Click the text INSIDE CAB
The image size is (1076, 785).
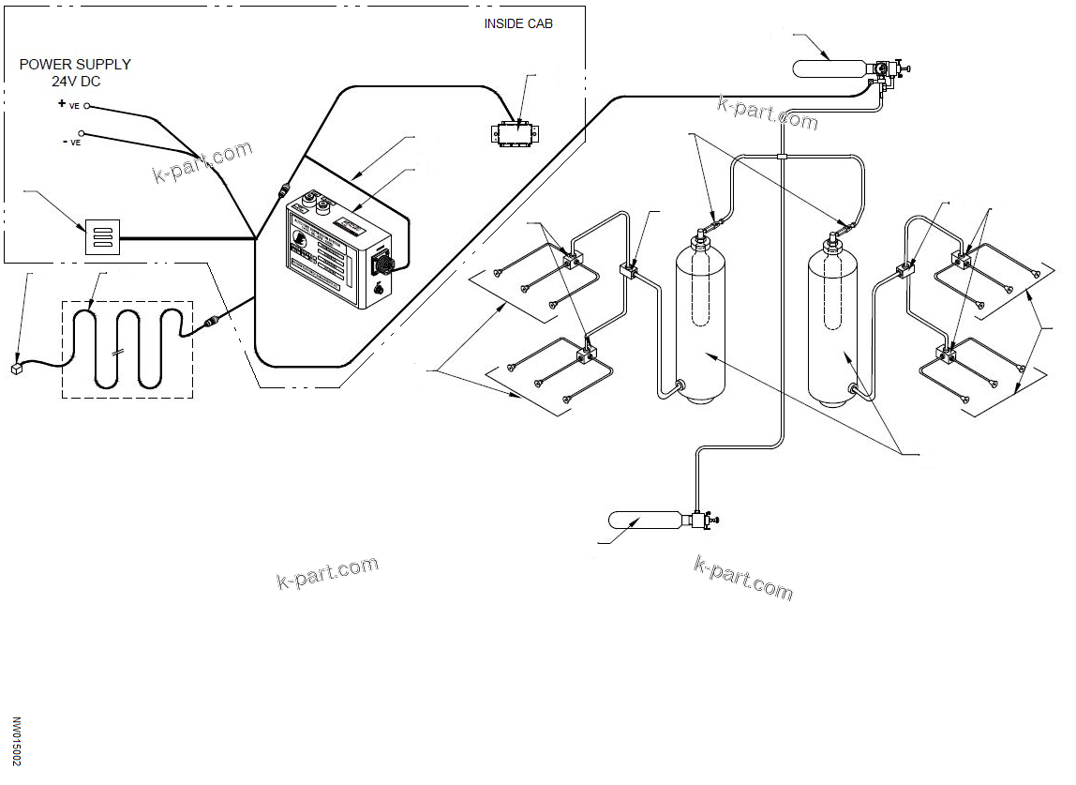pyautogui.click(x=517, y=23)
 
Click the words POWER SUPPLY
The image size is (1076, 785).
pyautogui.click(x=75, y=65)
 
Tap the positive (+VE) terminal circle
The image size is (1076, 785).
pyautogui.click(x=87, y=106)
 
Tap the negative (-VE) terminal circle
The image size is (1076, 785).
pyautogui.click(x=82, y=135)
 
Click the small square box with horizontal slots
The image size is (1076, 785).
pyautogui.click(x=103, y=236)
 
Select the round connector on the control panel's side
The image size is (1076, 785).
pyautogui.click(x=382, y=259)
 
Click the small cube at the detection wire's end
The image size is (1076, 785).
pyautogui.click(x=15, y=369)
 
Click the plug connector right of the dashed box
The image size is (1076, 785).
pyautogui.click(x=214, y=322)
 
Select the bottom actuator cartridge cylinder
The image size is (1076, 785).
pyautogui.click(x=647, y=520)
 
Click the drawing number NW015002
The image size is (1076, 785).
pyautogui.click(x=16, y=742)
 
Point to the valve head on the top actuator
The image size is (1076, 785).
pyautogui.click(x=884, y=70)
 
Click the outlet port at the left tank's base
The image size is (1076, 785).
pyautogui.click(x=680, y=385)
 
